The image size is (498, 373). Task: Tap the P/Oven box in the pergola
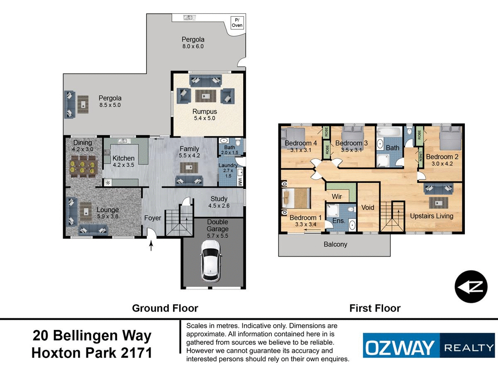(x=237, y=23)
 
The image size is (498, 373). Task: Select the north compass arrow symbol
(x=471, y=287)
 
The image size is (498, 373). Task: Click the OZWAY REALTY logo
(x=429, y=345)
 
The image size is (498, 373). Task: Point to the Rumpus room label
(x=204, y=111)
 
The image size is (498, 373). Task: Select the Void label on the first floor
(x=368, y=207)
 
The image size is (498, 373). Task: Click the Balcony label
(x=335, y=244)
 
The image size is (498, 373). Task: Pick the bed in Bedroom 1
(x=295, y=198)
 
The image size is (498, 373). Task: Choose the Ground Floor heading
(x=165, y=308)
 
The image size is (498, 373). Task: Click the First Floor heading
(x=375, y=308)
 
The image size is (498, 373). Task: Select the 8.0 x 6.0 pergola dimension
(x=193, y=46)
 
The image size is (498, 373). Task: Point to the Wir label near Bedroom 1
(x=336, y=196)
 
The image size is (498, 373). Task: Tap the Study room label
(x=219, y=199)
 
